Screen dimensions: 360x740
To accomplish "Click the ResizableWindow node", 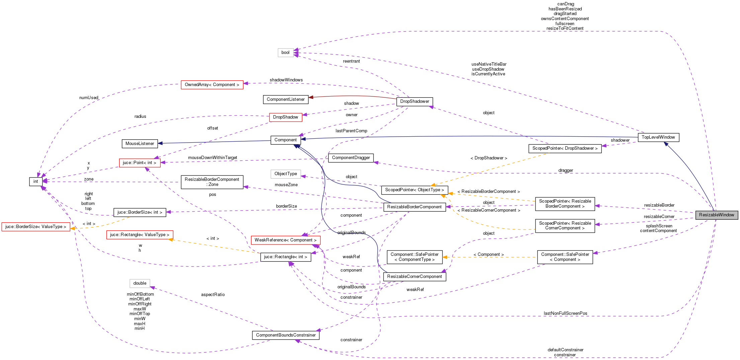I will coord(716,215).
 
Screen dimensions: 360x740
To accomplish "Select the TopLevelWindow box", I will coord(658,137).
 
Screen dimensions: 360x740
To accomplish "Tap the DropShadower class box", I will coord(414,101).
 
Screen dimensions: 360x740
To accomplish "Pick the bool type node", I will coord(285,53).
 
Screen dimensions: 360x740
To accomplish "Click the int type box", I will coord(35,182).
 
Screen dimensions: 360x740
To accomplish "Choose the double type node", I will coord(140,283).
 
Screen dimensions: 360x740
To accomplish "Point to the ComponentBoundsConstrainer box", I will coord(285,335).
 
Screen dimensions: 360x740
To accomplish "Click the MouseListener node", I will coord(140,144).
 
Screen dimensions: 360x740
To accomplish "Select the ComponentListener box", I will coord(285,99).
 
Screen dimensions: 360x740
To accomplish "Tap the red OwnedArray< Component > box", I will coord(212,85).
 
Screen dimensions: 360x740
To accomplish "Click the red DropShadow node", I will coord(285,117).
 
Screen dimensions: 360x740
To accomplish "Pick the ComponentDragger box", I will coord(351,158).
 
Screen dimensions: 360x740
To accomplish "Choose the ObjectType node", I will coord(285,174).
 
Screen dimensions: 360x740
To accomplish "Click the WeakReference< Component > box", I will coord(285,240).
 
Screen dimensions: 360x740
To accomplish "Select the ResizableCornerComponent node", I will coord(414,277).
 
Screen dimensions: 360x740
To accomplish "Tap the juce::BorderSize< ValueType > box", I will coord(35,227).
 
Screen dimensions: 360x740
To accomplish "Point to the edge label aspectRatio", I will coord(213,295).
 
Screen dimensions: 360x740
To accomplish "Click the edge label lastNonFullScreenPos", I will coord(565,313).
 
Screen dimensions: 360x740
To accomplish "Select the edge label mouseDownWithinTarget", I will coord(213,158).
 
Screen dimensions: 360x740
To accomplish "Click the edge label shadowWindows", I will coord(286,80).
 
